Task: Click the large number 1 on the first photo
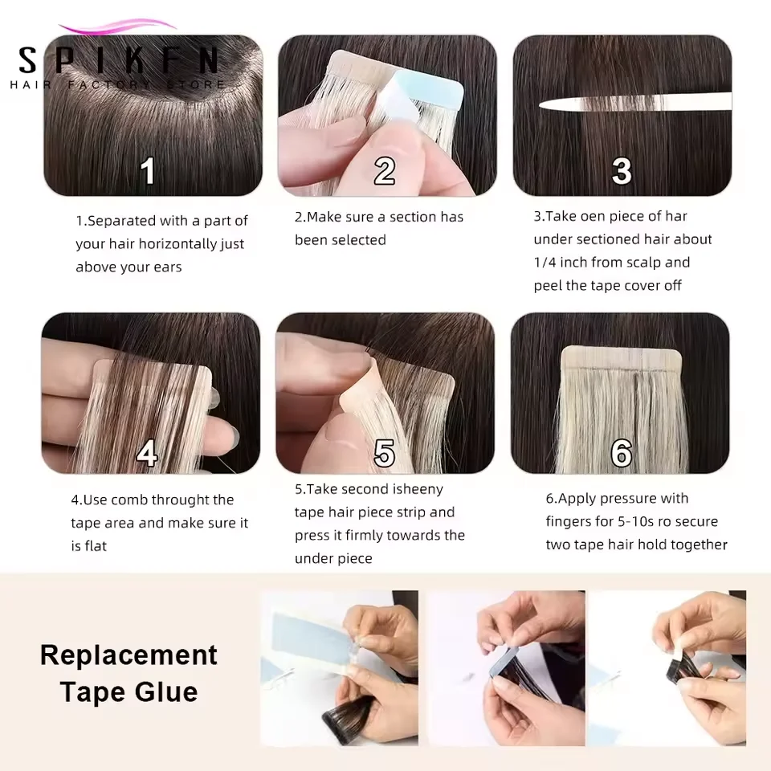[148, 170]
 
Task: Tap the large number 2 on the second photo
[385, 170]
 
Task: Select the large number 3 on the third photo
[622, 170]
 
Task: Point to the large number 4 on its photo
[146, 453]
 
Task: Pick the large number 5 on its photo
[385, 453]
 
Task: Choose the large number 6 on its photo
[622, 453]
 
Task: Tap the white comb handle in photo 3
[634, 101]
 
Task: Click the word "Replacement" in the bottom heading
[128, 655]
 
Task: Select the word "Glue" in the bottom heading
[166, 691]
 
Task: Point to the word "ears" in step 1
[168, 267]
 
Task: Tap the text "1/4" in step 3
[545, 263]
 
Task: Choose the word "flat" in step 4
[96, 546]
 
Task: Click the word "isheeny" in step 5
[417, 490]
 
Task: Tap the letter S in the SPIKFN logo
[28, 60]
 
